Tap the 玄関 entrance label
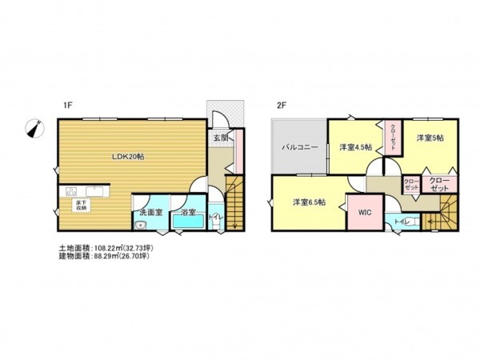(220, 137)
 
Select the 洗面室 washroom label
(150, 212)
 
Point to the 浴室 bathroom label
(189, 212)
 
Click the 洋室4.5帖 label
(354, 147)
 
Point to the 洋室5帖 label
(429, 138)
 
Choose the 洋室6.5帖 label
(309, 202)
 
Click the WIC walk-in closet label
(365, 213)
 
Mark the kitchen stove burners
(70, 192)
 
